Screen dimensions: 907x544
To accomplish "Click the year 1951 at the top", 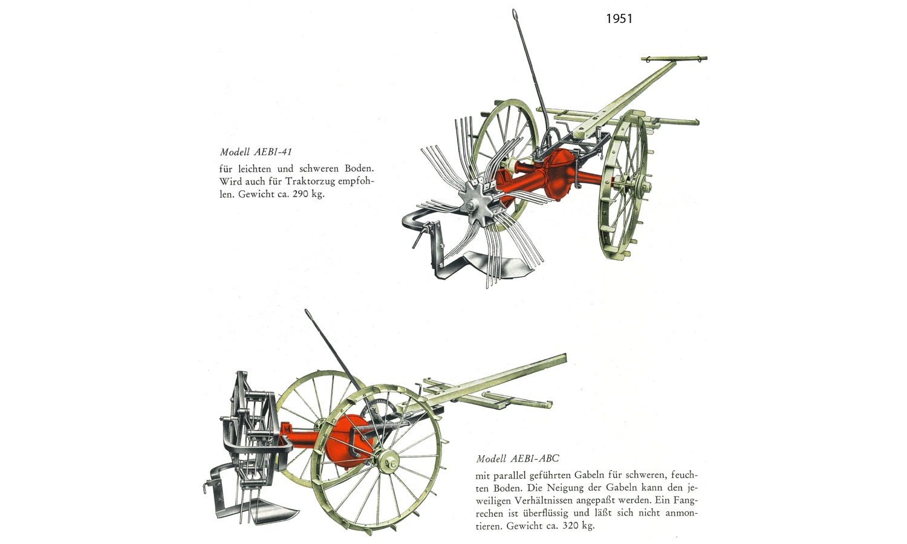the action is point(619,19).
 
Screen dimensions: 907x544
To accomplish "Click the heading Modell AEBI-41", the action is point(256,152).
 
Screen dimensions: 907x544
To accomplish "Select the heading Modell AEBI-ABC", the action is point(518,459).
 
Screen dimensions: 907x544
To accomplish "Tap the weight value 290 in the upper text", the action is point(301,194).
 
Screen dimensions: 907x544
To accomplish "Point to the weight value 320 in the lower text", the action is point(571,526).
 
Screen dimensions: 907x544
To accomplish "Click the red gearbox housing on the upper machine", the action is point(559,175).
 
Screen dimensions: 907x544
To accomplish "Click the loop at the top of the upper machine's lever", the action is point(515,15).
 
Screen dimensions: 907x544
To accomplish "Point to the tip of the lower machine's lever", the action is point(307,311).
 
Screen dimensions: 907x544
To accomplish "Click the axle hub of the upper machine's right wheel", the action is point(643,187).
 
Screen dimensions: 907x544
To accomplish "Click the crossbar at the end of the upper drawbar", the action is point(674,59).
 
